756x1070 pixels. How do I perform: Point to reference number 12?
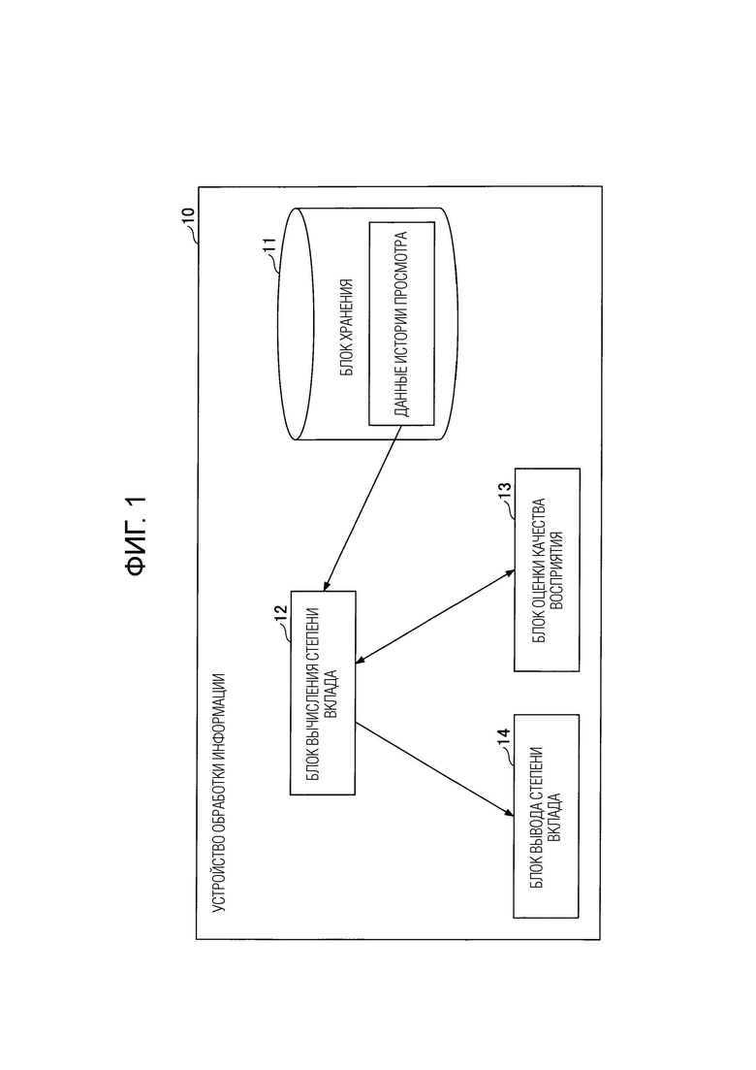(x=281, y=618)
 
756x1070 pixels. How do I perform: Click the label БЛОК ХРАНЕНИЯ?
(x=346, y=327)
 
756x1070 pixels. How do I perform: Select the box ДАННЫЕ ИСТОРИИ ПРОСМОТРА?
(x=401, y=323)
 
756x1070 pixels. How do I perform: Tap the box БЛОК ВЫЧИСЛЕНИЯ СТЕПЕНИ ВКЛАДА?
(x=323, y=693)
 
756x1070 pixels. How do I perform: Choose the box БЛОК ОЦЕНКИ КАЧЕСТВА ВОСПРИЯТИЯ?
(x=547, y=569)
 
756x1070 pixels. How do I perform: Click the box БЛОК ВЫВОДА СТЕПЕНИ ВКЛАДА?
(x=546, y=816)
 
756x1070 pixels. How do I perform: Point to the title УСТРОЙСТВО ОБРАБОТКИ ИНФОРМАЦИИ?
(x=219, y=793)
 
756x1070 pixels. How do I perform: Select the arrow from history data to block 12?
(x=360, y=507)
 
